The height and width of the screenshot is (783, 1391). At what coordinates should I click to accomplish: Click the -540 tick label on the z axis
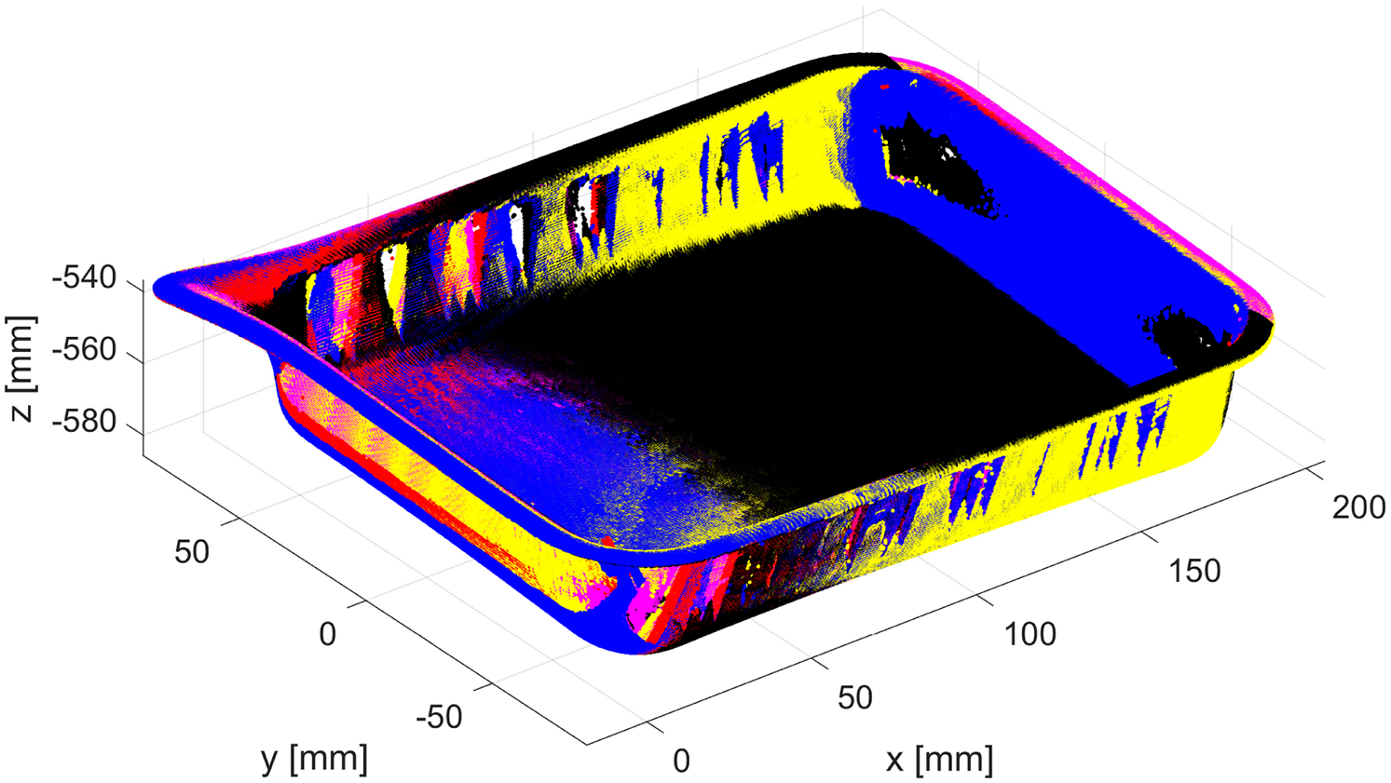tap(85, 278)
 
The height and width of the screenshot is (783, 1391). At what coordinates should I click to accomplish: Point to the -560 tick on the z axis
tap(85, 351)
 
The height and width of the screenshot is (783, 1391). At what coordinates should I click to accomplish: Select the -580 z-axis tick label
tap(85, 423)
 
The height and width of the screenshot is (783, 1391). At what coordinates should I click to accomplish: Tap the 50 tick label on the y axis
tap(192, 551)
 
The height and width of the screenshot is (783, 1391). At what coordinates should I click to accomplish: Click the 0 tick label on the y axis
tap(328, 634)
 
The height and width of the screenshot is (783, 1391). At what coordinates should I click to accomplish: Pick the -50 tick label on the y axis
tap(439, 717)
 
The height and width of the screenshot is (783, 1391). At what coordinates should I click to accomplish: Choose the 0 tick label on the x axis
tap(681, 761)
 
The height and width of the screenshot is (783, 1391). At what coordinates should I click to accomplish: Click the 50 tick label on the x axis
tap(855, 697)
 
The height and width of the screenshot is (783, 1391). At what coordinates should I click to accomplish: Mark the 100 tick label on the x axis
tap(1030, 634)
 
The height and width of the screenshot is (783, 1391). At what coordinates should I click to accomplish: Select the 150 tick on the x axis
tap(1194, 571)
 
